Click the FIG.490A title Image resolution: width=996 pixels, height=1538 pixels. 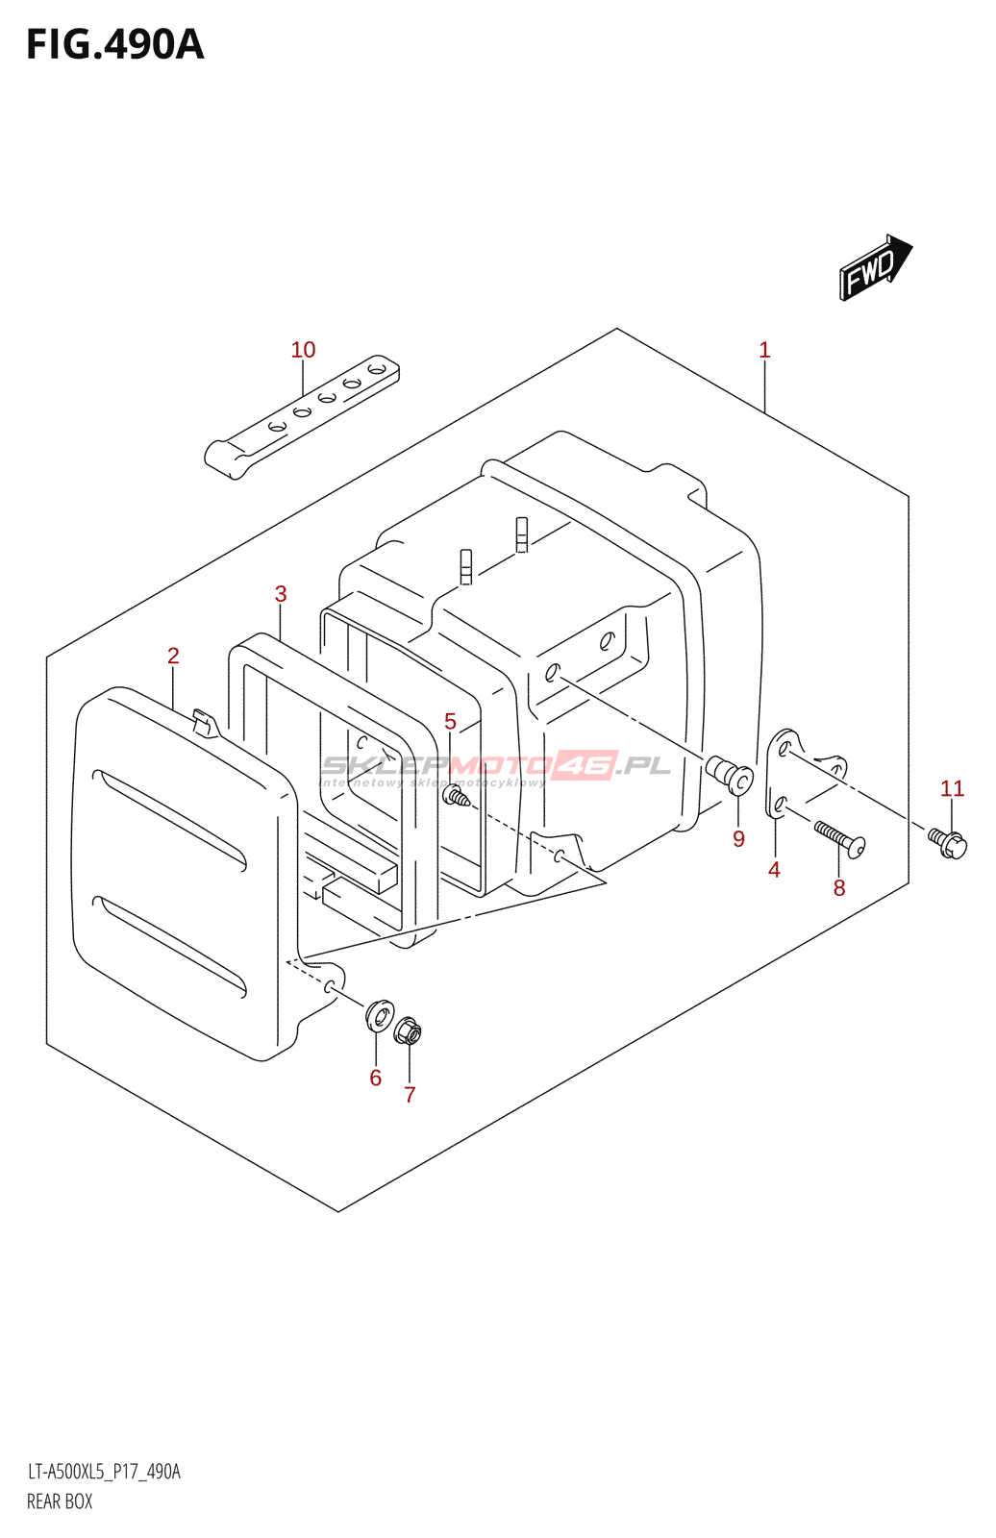[x=115, y=45]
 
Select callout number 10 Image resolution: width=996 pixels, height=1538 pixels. [x=303, y=350]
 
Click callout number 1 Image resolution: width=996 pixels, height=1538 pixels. [x=764, y=350]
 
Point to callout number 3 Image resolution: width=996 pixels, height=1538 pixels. [x=281, y=594]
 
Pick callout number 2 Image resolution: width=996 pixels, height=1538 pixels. [x=173, y=656]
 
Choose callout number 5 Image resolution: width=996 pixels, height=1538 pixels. [x=450, y=721]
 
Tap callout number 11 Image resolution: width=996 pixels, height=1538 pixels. [x=952, y=789]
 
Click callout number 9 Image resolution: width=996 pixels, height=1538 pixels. [x=738, y=839]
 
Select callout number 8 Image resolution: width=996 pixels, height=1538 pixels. [x=839, y=888]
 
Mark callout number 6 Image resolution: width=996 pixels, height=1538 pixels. [x=376, y=1079]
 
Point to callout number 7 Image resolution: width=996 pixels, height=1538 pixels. [x=410, y=1095]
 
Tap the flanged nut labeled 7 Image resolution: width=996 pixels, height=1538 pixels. [x=408, y=1032]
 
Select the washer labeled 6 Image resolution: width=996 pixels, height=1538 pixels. [x=381, y=1013]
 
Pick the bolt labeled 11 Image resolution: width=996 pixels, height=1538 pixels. [x=948, y=842]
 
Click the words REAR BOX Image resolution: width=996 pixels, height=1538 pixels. [x=60, y=1501]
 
